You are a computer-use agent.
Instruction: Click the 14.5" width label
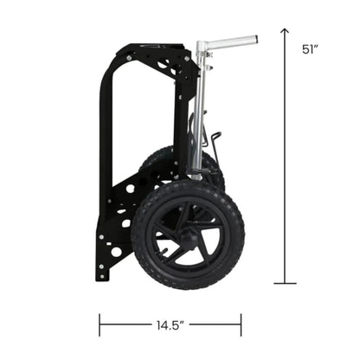click(170, 326)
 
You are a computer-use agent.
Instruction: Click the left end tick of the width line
click(100, 325)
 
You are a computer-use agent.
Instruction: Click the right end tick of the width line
click(241, 325)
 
